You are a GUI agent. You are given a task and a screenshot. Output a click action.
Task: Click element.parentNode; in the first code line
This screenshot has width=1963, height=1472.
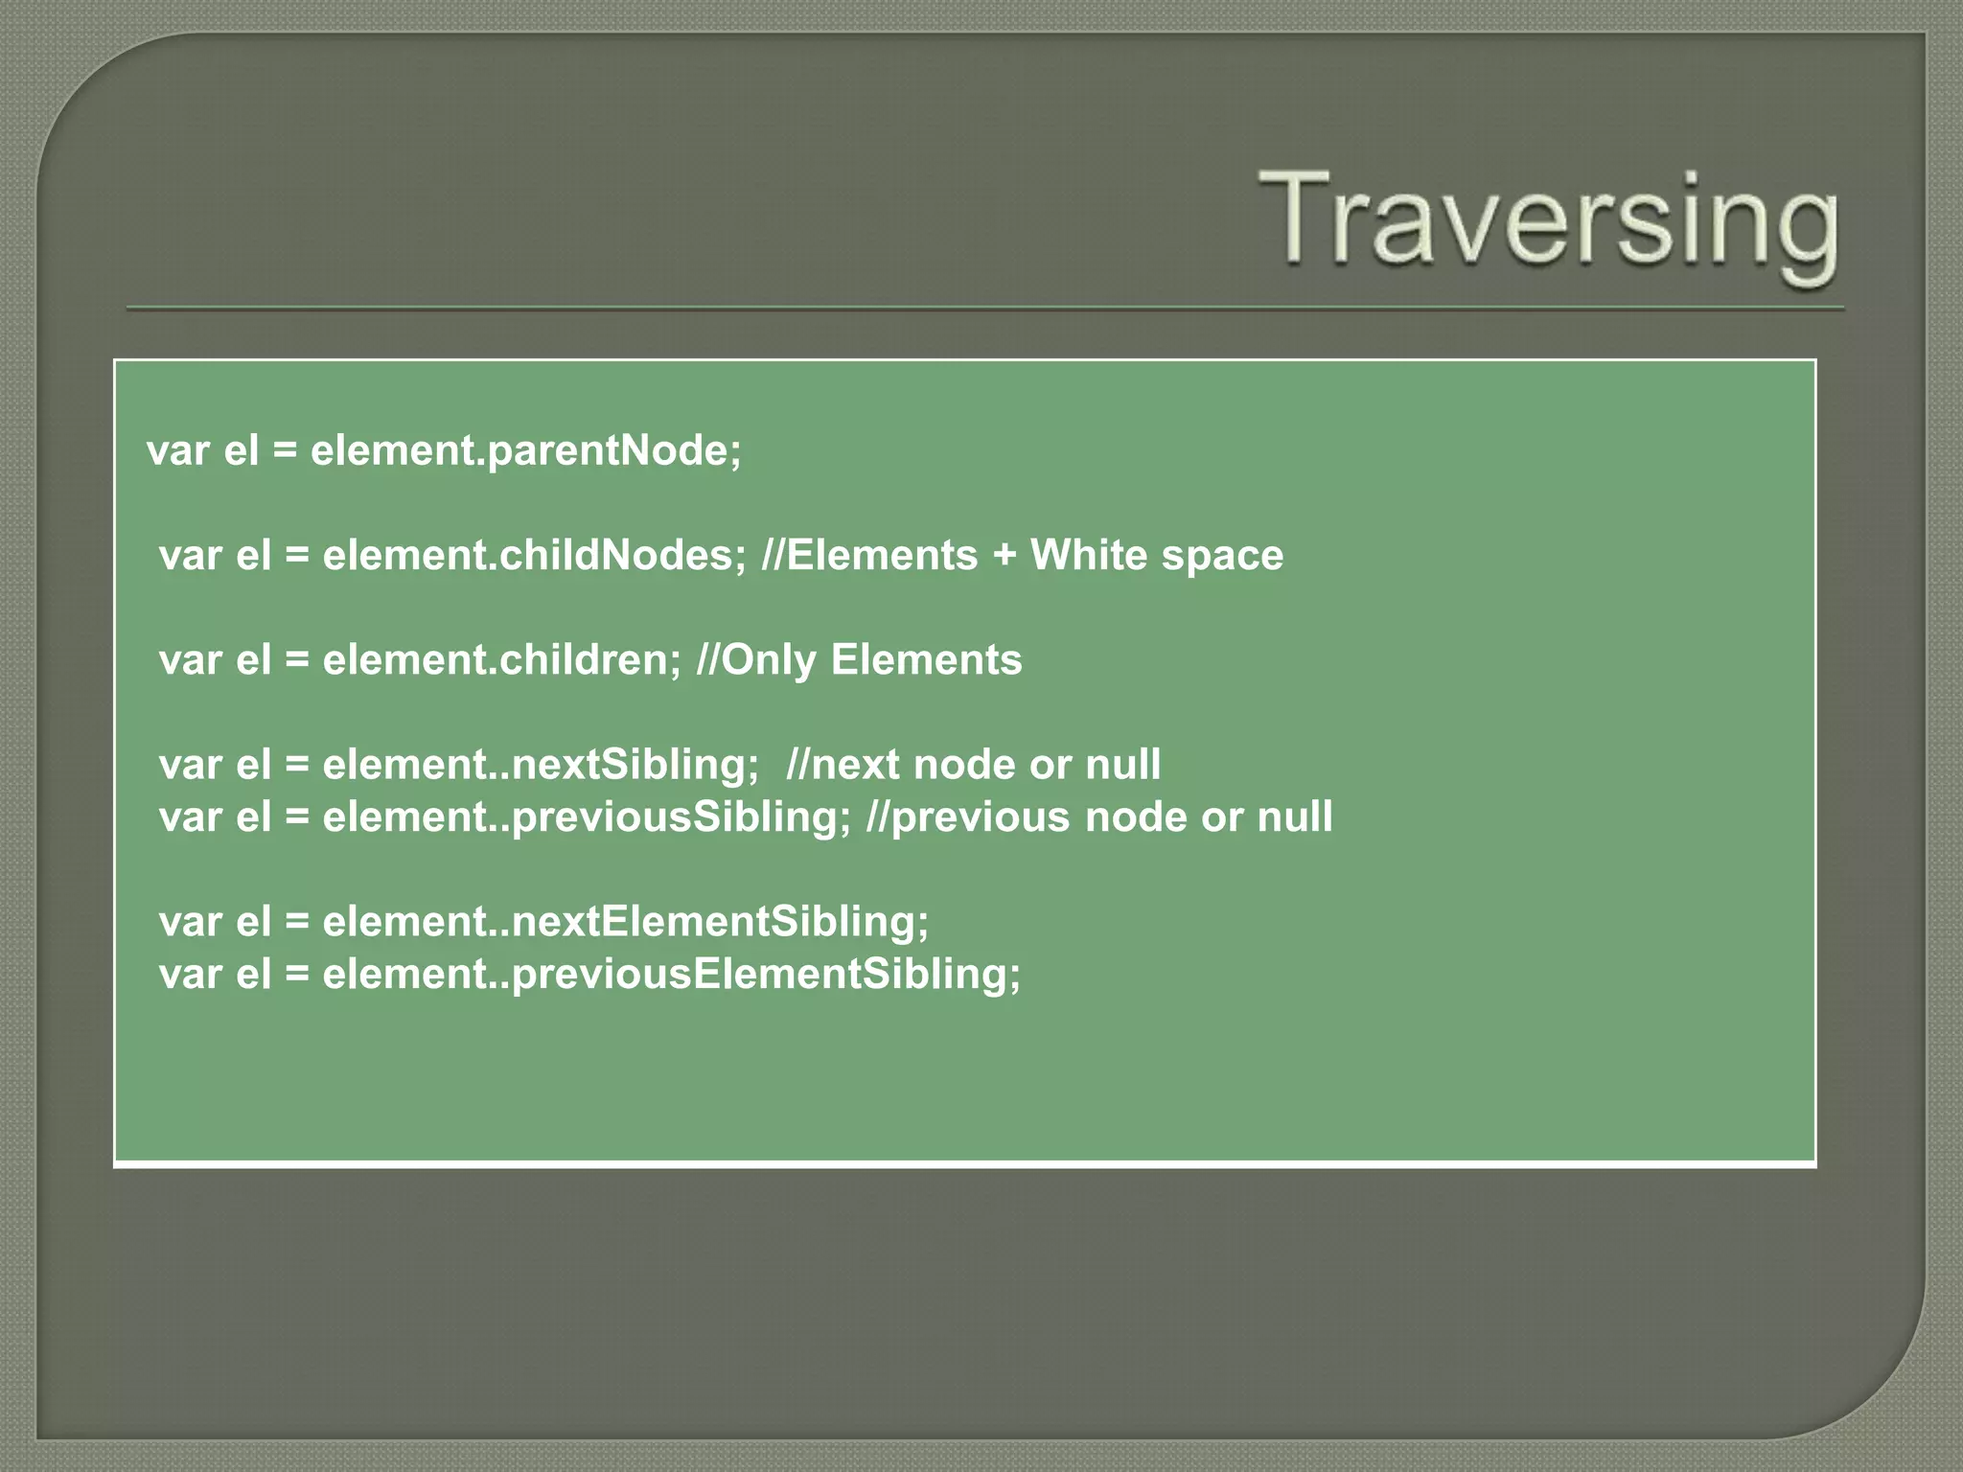pos(525,450)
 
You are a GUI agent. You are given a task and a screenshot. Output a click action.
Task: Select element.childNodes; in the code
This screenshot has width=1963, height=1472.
pos(534,556)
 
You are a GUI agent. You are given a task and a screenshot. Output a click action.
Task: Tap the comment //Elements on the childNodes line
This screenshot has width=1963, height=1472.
pos(868,556)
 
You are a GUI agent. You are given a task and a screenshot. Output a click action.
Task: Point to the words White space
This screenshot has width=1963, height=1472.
pos(1156,556)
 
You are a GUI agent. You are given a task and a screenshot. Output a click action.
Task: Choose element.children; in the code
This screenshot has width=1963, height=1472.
pos(501,660)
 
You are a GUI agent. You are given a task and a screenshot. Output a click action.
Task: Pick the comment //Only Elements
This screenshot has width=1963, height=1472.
pos(859,660)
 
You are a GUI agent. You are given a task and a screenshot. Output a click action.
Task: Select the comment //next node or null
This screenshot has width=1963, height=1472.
pos(973,765)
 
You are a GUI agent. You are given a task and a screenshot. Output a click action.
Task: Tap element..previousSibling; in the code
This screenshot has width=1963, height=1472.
pos(586,817)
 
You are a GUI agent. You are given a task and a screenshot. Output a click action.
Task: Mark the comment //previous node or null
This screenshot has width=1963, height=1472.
pos(1098,817)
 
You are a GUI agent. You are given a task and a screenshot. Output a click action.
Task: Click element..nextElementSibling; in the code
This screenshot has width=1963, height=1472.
pos(625,922)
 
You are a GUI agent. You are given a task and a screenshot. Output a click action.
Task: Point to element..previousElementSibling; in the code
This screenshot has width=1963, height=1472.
pos(671,975)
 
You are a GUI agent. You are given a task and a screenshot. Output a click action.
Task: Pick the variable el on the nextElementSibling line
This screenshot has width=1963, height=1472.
pos(253,922)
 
